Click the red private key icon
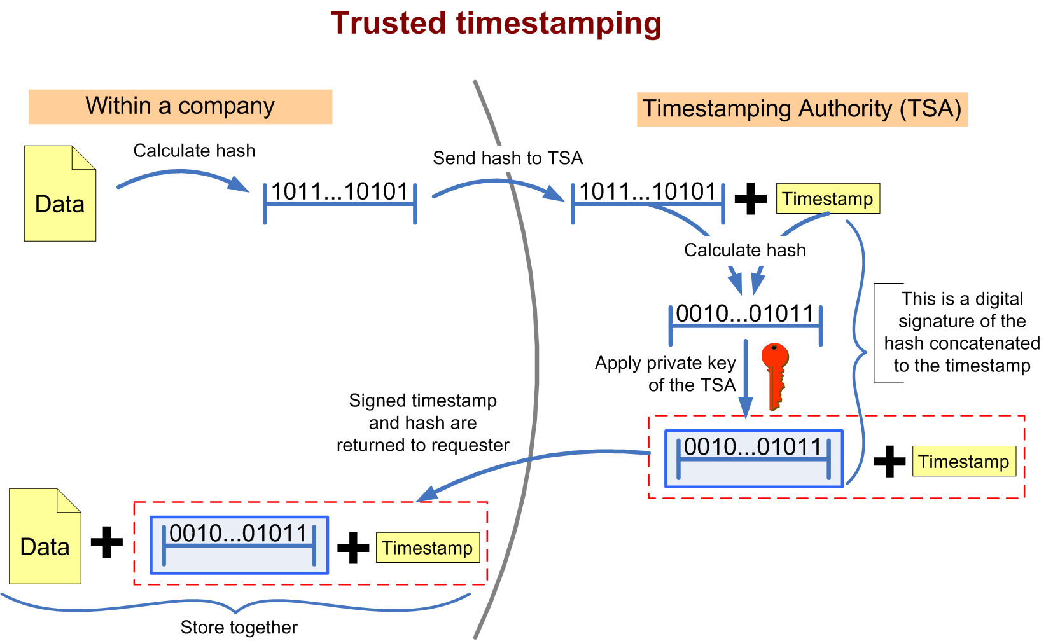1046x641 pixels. tap(775, 375)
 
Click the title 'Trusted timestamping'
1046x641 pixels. tap(496, 24)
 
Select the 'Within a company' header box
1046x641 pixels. tap(180, 106)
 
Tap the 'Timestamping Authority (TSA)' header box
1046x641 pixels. tap(802, 109)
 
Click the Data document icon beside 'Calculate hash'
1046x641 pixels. tap(60, 194)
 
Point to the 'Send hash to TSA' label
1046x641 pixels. tap(508, 158)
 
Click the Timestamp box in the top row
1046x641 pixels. tap(828, 198)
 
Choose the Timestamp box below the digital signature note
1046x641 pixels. tap(963, 461)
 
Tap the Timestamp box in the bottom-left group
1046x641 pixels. tap(427, 548)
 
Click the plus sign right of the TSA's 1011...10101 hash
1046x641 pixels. tap(751, 199)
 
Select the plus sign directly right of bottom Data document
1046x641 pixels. tap(107, 542)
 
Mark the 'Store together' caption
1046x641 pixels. tap(239, 628)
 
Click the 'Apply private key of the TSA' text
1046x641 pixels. tap(666, 374)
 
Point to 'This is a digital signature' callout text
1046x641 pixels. tap(961, 332)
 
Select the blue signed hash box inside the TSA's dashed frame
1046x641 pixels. tap(754, 458)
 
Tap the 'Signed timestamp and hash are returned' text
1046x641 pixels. tap(422, 423)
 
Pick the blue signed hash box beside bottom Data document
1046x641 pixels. tap(239, 545)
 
